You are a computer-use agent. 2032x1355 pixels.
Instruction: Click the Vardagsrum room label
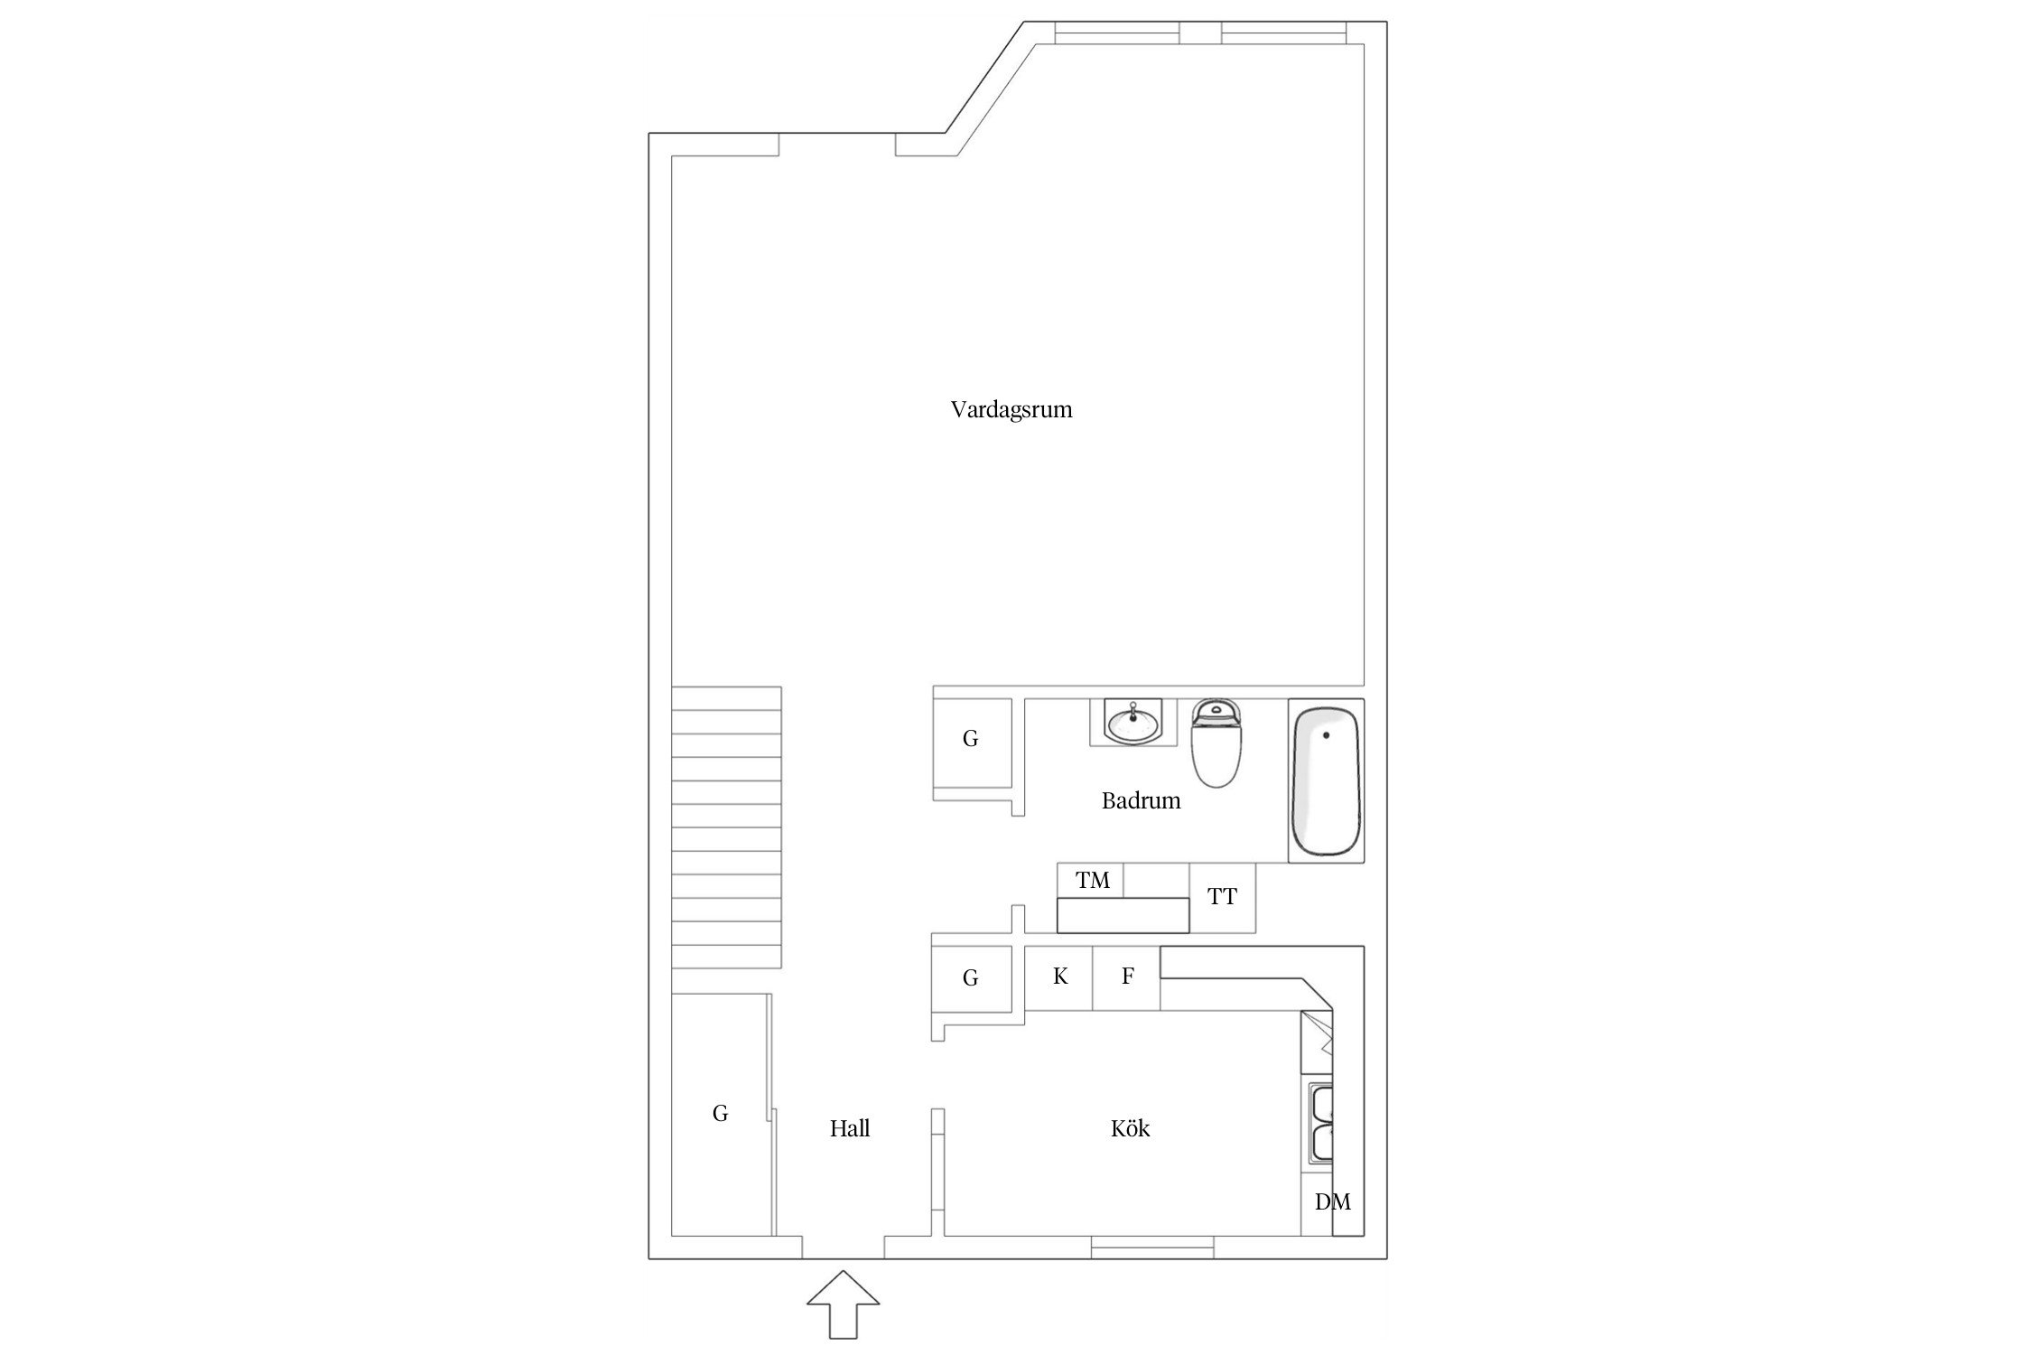point(1011,410)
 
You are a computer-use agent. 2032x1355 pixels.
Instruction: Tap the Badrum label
point(1141,800)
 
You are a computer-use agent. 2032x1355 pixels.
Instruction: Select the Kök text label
point(1130,1128)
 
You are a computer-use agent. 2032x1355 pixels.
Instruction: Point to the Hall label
point(850,1128)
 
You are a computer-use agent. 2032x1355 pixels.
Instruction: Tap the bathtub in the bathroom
point(1326,781)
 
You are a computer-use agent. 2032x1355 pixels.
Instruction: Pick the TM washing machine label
point(1092,880)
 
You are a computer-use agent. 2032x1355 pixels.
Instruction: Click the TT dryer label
point(1222,897)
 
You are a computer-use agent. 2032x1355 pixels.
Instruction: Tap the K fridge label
point(1060,977)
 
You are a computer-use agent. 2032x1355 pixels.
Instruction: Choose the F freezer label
point(1127,977)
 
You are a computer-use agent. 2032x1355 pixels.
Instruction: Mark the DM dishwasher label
point(1332,1201)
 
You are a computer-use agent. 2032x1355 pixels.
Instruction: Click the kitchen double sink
point(1322,1124)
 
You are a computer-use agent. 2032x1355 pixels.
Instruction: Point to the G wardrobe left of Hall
point(720,1114)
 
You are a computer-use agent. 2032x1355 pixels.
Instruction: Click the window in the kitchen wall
point(1152,1248)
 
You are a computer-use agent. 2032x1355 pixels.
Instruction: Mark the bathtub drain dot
point(1326,735)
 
